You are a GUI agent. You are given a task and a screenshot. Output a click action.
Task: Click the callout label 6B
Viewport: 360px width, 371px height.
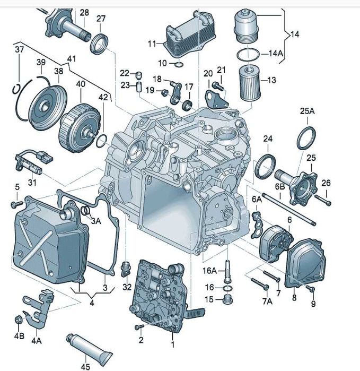click(x=279, y=186)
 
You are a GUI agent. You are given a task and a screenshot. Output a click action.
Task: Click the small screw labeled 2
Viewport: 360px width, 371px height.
click(x=139, y=327)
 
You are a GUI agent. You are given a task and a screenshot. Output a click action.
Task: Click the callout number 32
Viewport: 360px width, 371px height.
click(x=126, y=287)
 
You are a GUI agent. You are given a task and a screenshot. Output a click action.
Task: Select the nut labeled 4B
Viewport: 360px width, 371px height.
click(x=20, y=320)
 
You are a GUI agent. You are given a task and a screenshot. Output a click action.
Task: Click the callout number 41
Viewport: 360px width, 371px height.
click(x=72, y=58)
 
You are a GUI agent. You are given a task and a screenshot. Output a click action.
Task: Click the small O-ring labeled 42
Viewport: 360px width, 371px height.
click(x=103, y=140)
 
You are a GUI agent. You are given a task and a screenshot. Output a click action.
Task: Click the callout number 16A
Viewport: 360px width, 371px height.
click(x=209, y=271)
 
